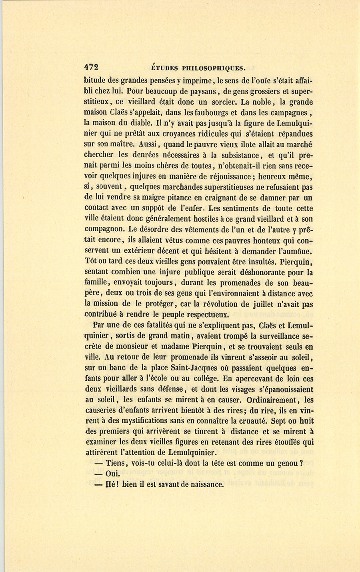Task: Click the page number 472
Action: (91, 67)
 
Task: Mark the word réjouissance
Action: (227, 176)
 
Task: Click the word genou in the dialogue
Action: (284, 464)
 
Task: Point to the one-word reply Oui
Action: (112, 474)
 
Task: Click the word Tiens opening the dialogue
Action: (116, 464)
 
